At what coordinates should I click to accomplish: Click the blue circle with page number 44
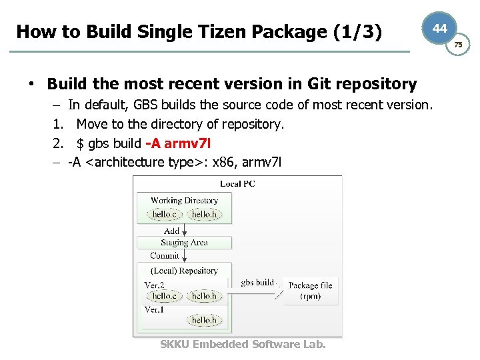439,28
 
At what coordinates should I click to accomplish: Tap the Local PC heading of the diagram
238,183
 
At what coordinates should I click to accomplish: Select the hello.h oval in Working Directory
203,214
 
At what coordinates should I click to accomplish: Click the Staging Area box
184,243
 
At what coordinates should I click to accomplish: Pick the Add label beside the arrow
171,231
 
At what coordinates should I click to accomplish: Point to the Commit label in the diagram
165,255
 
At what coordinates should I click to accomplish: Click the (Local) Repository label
184,271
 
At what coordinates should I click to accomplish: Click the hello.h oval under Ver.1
204,320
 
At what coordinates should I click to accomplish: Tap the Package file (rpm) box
311,291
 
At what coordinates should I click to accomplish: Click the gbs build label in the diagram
257,282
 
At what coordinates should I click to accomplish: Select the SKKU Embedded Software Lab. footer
243,344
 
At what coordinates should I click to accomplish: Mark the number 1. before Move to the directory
57,124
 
